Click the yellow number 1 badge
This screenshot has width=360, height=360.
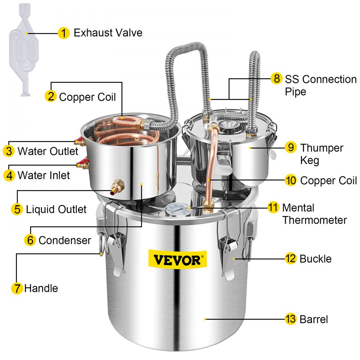pyautogui.click(x=63, y=33)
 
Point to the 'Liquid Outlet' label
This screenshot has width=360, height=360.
pyautogui.click(x=56, y=209)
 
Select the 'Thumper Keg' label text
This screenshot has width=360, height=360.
pyautogui.click(x=321, y=154)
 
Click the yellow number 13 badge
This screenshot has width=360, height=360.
pyautogui.click(x=291, y=319)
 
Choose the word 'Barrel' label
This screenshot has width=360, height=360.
pyautogui.click(x=314, y=319)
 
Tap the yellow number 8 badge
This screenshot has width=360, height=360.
pyautogui.click(x=276, y=78)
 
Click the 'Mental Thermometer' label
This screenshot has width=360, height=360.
pyautogui.click(x=314, y=214)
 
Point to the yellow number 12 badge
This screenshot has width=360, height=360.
pyautogui.click(x=291, y=258)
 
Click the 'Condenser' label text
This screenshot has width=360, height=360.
pyautogui.click(x=65, y=240)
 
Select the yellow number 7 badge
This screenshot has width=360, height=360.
pyautogui.click(x=17, y=288)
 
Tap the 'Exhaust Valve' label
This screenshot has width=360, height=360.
pyautogui.click(x=108, y=33)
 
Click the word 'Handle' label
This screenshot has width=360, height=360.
pyautogui.click(x=41, y=288)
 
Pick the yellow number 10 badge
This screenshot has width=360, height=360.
pyautogui.click(x=291, y=180)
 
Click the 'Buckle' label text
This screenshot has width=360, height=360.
pyautogui.click(x=315, y=258)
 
